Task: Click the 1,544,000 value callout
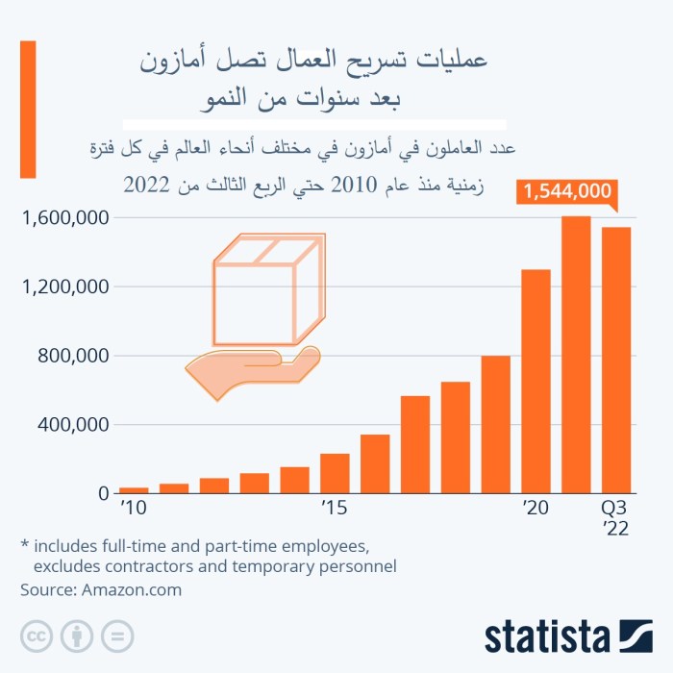pos(565,191)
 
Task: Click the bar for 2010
pos(134,490)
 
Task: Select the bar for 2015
pos(335,473)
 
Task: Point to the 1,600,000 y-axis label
pos(62,218)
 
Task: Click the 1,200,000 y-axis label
pos(62,287)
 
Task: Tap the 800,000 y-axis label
pos(72,356)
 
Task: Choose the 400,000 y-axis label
pos(72,425)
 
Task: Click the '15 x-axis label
pos(334,508)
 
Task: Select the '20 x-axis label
pos(535,508)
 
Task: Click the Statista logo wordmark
pos(547,636)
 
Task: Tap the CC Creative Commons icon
pos(37,636)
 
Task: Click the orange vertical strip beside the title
pos(28,109)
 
